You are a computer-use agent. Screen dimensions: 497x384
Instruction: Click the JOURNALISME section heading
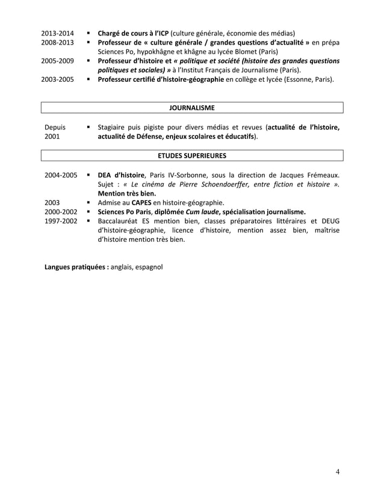pyautogui.click(x=192, y=108)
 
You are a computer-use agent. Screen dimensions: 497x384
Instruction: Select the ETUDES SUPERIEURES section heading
pyautogui.click(x=192, y=155)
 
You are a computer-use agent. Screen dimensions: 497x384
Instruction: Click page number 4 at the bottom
pyautogui.click(x=338, y=471)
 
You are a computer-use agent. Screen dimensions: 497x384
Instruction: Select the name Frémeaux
pyautogui.click(x=321, y=174)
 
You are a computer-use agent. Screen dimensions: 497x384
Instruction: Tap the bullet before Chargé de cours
pyautogui.click(x=88, y=32)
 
